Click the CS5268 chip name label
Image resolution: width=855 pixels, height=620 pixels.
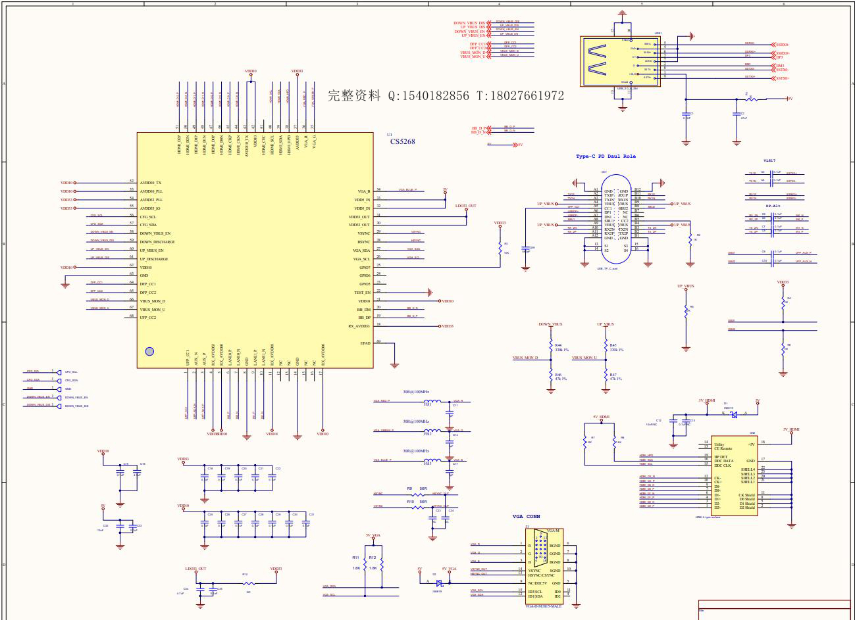click(402, 141)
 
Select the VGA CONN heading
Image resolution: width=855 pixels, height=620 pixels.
click(526, 517)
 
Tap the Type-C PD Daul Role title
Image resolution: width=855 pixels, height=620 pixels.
click(606, 156)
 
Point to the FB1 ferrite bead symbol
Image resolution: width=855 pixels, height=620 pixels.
click(431, 401)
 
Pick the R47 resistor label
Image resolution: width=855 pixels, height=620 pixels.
click(613, 374)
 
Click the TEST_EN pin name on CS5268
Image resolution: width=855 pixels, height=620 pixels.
click(362, 293)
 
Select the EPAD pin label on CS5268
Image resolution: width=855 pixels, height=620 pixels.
click(365, 343)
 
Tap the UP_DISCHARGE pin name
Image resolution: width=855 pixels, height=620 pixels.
click(153, 259)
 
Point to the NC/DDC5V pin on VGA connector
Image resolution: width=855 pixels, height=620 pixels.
click(539, 583)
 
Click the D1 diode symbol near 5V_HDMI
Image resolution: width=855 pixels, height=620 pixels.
click(734, 414)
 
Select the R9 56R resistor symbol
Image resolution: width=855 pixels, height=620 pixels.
click(417, 494)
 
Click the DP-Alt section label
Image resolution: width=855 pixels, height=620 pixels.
click(773, 206)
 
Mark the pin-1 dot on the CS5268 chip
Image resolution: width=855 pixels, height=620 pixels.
click(149, 352)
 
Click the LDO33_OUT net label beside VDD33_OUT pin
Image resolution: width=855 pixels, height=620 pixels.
click(465, 206)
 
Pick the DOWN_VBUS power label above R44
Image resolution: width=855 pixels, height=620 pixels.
click(550, 324)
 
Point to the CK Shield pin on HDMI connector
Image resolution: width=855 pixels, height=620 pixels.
click(746, 494)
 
